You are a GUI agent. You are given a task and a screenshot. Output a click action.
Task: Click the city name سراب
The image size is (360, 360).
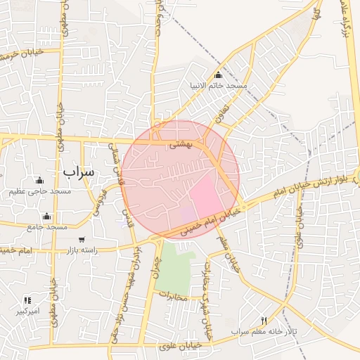point(79,171)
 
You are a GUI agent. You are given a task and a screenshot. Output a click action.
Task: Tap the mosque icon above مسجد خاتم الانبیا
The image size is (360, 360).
point(218,75)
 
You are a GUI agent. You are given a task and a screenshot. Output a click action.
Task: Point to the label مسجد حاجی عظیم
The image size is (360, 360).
point(40,192)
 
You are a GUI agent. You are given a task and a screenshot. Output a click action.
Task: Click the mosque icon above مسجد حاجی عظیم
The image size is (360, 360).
point(39,181)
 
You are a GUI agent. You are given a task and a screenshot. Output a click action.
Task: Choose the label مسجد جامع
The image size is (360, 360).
point(47,227)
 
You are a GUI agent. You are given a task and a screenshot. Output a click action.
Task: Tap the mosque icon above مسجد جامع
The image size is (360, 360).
point(47,216)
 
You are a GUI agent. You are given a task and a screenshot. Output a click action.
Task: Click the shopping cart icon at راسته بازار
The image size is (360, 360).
point(82,239)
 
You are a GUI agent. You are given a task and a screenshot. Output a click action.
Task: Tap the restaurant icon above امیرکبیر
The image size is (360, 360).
point(27,300)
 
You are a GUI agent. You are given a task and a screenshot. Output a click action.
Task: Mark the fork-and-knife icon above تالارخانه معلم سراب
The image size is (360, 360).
point(264,320)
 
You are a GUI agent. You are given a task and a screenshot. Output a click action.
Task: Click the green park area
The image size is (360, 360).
point(172,271)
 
